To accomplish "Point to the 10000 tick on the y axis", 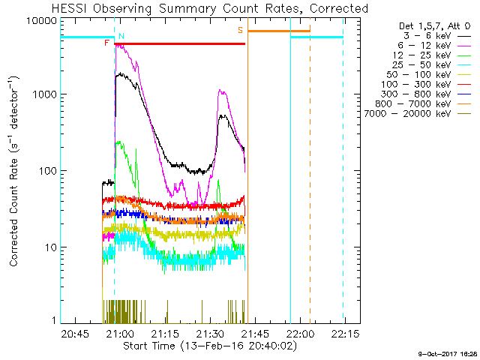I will click(x=43, y=20).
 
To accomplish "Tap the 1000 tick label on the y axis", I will click(x=46, y=95).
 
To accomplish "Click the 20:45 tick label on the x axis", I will click(x=76, y=334).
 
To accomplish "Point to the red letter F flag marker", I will click(x=106, y=43).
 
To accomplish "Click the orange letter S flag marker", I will click(x=240, y=30).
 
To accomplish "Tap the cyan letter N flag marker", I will click(x=121, y=36).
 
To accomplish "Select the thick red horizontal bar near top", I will click(x=180, y=43).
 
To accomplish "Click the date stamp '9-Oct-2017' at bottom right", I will click(x=439, y=352).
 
